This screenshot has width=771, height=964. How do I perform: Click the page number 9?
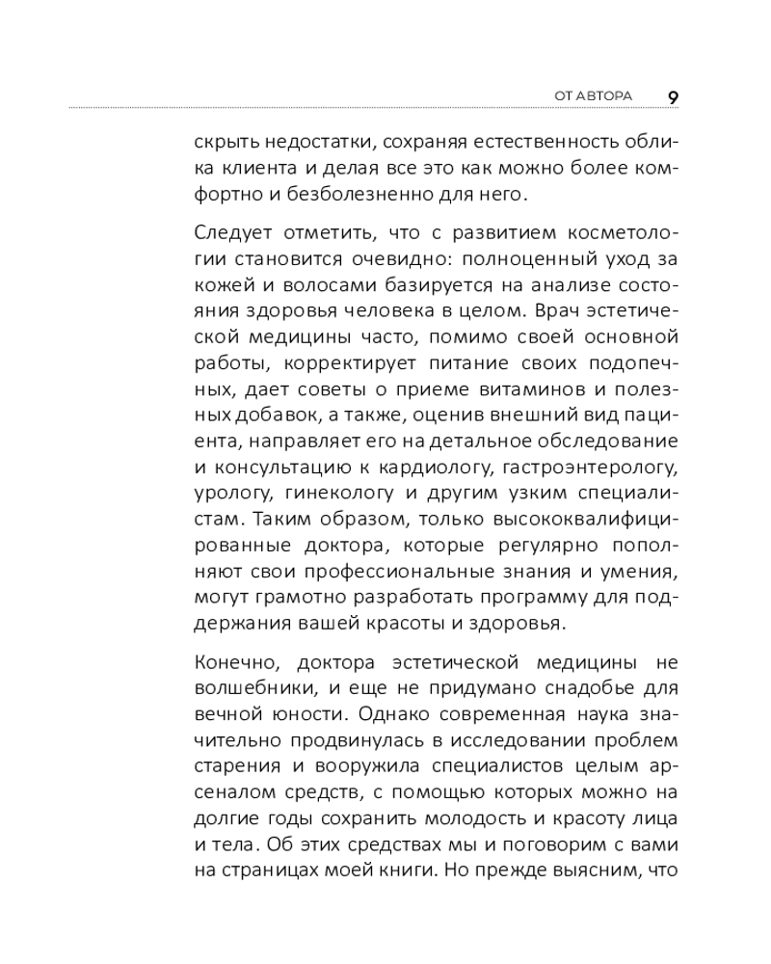tap(672, 96)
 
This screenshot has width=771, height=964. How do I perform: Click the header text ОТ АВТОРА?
tap(593, 96)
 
